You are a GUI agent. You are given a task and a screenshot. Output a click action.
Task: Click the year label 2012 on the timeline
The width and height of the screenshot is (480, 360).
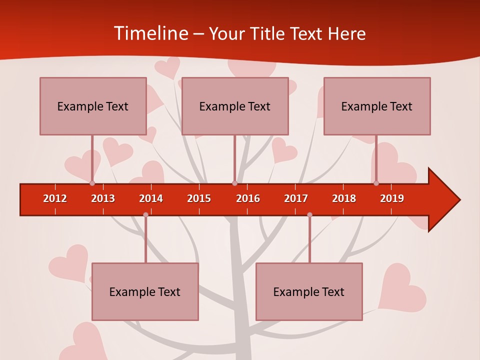coord(55,198)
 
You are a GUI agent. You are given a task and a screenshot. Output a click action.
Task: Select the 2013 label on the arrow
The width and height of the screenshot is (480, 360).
coord(103,198)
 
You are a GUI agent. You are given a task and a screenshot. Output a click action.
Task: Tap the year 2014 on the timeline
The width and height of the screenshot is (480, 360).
coord(151,198)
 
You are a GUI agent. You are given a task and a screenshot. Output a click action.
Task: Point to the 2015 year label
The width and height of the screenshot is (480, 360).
coord(199,198)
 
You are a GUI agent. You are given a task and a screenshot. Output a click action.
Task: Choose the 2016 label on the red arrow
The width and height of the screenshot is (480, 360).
coord(248,198)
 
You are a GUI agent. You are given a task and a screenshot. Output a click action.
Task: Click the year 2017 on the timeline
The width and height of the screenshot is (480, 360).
coord(296,198)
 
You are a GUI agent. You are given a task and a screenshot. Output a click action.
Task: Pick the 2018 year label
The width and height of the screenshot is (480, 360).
coord(344,198)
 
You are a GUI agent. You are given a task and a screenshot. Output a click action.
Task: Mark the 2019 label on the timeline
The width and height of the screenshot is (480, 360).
coord(392,198)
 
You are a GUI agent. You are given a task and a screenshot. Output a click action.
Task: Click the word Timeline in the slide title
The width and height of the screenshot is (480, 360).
coord(150,33)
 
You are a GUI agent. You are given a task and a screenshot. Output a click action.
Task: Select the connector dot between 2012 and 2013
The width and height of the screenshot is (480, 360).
coord(92,183)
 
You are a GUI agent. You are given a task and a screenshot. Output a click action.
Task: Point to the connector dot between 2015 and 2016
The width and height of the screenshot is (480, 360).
coord(234,183)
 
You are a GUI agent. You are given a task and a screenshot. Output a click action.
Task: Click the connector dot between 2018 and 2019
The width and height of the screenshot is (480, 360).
coord(376,183)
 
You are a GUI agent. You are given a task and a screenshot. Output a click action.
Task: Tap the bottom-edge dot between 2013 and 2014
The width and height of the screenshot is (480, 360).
coord(145,214)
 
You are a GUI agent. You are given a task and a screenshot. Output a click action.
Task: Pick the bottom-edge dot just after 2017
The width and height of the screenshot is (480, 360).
coord(309,214)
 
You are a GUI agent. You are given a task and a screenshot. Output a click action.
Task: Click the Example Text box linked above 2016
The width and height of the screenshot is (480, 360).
coord(235,106)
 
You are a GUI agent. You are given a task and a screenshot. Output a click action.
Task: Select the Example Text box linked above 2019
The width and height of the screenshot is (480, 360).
coord(377,106)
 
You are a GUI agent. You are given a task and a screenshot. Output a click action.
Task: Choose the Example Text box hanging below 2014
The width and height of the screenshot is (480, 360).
coord(145,291)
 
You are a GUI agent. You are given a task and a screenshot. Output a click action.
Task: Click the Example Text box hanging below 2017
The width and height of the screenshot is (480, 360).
coord(309,291)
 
